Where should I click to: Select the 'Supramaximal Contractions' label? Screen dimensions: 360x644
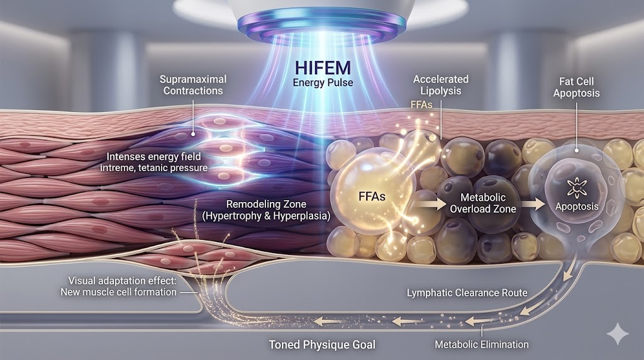(x=193, y=85)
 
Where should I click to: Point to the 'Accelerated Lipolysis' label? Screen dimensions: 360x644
(x=440, y=85)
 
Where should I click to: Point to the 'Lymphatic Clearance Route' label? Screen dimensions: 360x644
(x=467, y=293)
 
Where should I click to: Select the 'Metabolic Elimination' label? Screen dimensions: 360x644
(x=482, y=344)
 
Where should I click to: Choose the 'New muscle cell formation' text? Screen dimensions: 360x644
(x=118, y=292)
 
